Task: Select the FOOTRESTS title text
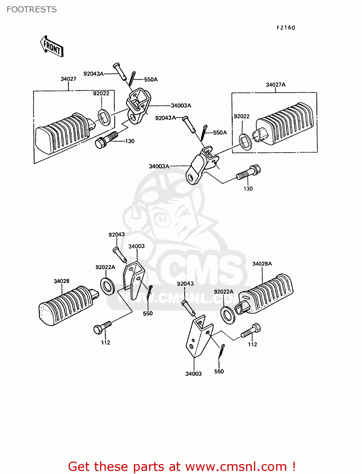(x=32, y=9)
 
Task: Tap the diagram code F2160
(x=286, y=28)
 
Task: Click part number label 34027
(x=68, y=79)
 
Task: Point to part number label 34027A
(x=275, y=85)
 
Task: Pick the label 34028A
(x=262, y=264)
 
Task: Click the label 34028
(x=61, y=281)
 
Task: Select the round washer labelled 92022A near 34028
(x=108, y=286)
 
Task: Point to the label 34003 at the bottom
(x=193, y=374)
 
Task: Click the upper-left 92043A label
(x=94, y=74)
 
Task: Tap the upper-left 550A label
(x=151, y=80)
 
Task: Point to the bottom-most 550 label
(x=219, y=372)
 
